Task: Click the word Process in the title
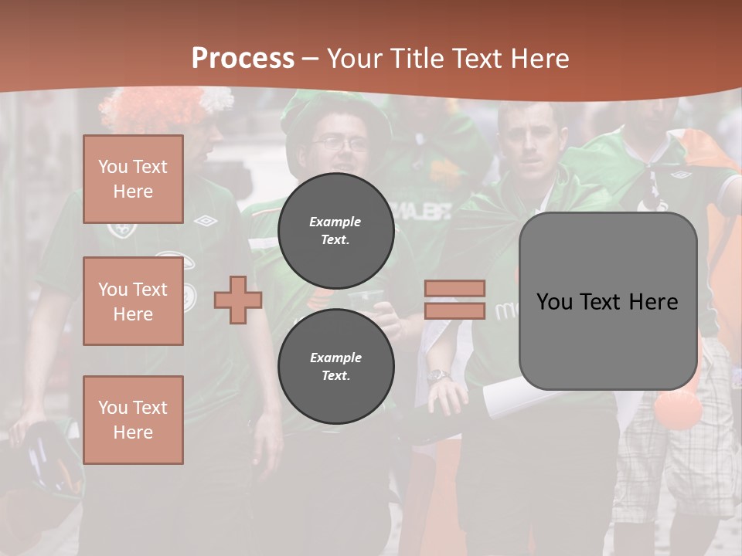click(x=243, y=58)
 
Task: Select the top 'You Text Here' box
click(x=133, y=179)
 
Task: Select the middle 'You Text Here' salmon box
click(x=133, y=301)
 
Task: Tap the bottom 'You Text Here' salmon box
click(x=133, y=419)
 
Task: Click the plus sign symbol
click(x=237, y=300)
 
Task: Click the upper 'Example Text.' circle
click(x=335, y=230)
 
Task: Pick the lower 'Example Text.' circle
click(x=335, y=366)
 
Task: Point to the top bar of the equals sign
click(x=454, y=289)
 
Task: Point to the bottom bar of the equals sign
click(x=454, y=310)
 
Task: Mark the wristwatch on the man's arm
click(x=438, y=376)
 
